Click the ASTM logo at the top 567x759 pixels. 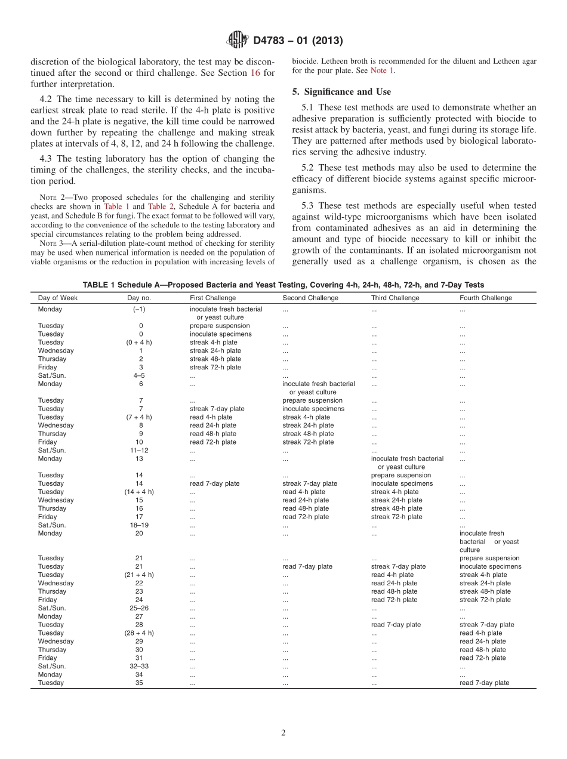click(x=238, y=41)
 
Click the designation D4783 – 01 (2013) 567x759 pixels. click(x=298, y=41)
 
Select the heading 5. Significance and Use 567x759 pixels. click(x=341, y=92)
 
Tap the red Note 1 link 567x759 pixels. click(x=382, y=70)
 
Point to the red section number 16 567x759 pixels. click(x=269, y=73)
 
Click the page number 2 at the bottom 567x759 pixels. click(x=283, y=733)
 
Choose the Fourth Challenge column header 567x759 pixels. click(x=485, y=298)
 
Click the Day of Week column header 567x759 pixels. click(x=58, y=298)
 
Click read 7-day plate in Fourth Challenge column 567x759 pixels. click(x=484, y=683)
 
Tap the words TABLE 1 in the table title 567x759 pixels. click(x=98, y=285)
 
